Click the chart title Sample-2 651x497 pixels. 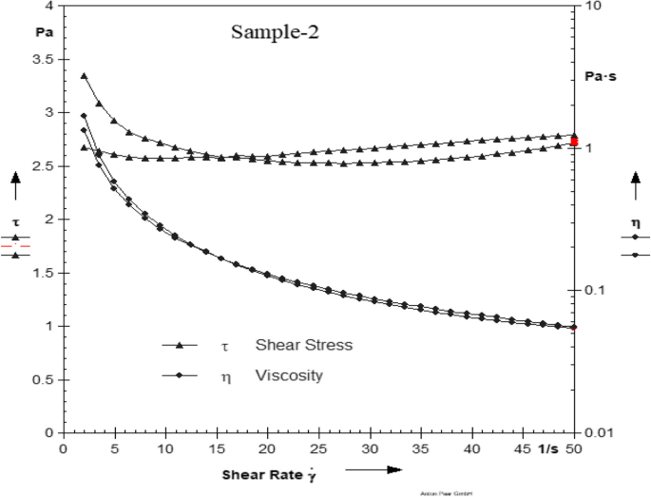tap(276, 32)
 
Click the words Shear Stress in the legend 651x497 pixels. tap(304, 345)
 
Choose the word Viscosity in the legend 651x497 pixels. tap(289, 375)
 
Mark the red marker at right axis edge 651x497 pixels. tap(574, 141)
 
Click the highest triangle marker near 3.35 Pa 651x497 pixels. tap(84, 76)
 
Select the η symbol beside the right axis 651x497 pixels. tap(635, 221)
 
